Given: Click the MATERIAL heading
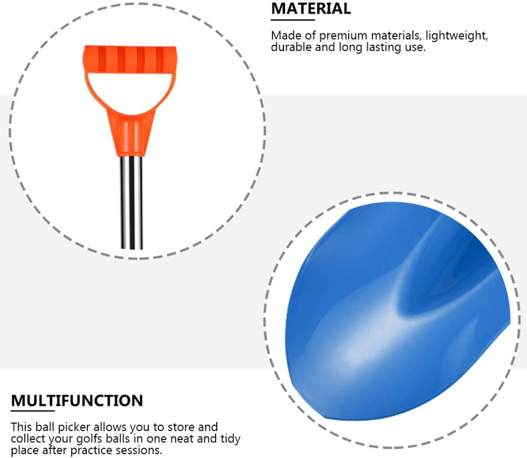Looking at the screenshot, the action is (311, 8).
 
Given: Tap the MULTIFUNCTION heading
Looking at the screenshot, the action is (77, 401).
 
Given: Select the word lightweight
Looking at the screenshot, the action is (456, 36).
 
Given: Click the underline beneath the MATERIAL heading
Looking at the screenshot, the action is (293, 20).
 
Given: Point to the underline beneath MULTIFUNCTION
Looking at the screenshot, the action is (33, 411).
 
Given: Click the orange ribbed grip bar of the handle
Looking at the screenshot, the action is (130, 59).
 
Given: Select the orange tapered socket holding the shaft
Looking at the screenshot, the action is (132, 135).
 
